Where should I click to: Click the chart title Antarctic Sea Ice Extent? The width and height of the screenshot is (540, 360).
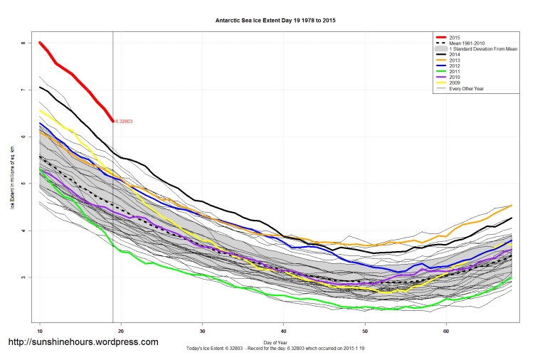(275, 21)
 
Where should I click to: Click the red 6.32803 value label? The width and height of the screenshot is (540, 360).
(125, 122)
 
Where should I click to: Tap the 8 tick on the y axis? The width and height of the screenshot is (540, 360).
(23, 43)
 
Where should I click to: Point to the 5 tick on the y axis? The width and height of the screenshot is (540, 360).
(23, 184)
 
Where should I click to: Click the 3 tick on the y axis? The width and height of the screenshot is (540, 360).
(23, 277)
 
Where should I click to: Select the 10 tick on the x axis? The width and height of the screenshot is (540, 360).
(40, 332)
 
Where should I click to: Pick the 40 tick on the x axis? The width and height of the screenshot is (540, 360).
(284, 332)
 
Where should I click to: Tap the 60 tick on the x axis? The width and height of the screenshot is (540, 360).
(446, 332)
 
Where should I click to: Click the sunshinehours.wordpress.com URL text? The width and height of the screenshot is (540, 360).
(83, 342)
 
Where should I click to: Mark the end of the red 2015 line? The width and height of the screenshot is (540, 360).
(112, 121)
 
